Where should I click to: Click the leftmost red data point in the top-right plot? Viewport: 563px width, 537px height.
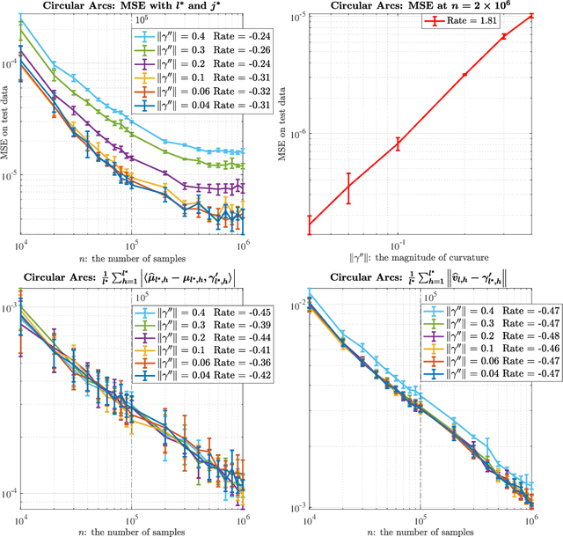[x=309, y=225]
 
